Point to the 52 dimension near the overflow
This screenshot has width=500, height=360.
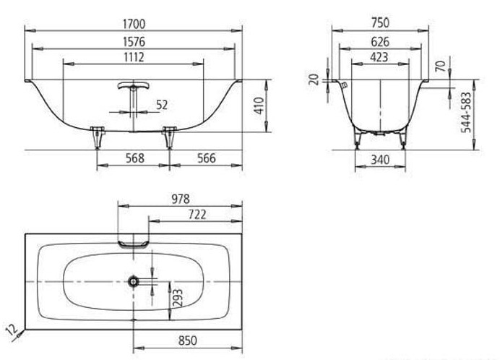(162, 106)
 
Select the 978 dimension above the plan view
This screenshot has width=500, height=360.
(179, 198)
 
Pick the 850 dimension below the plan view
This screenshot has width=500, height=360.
(188, 340)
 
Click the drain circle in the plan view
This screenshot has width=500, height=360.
(134, 280)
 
